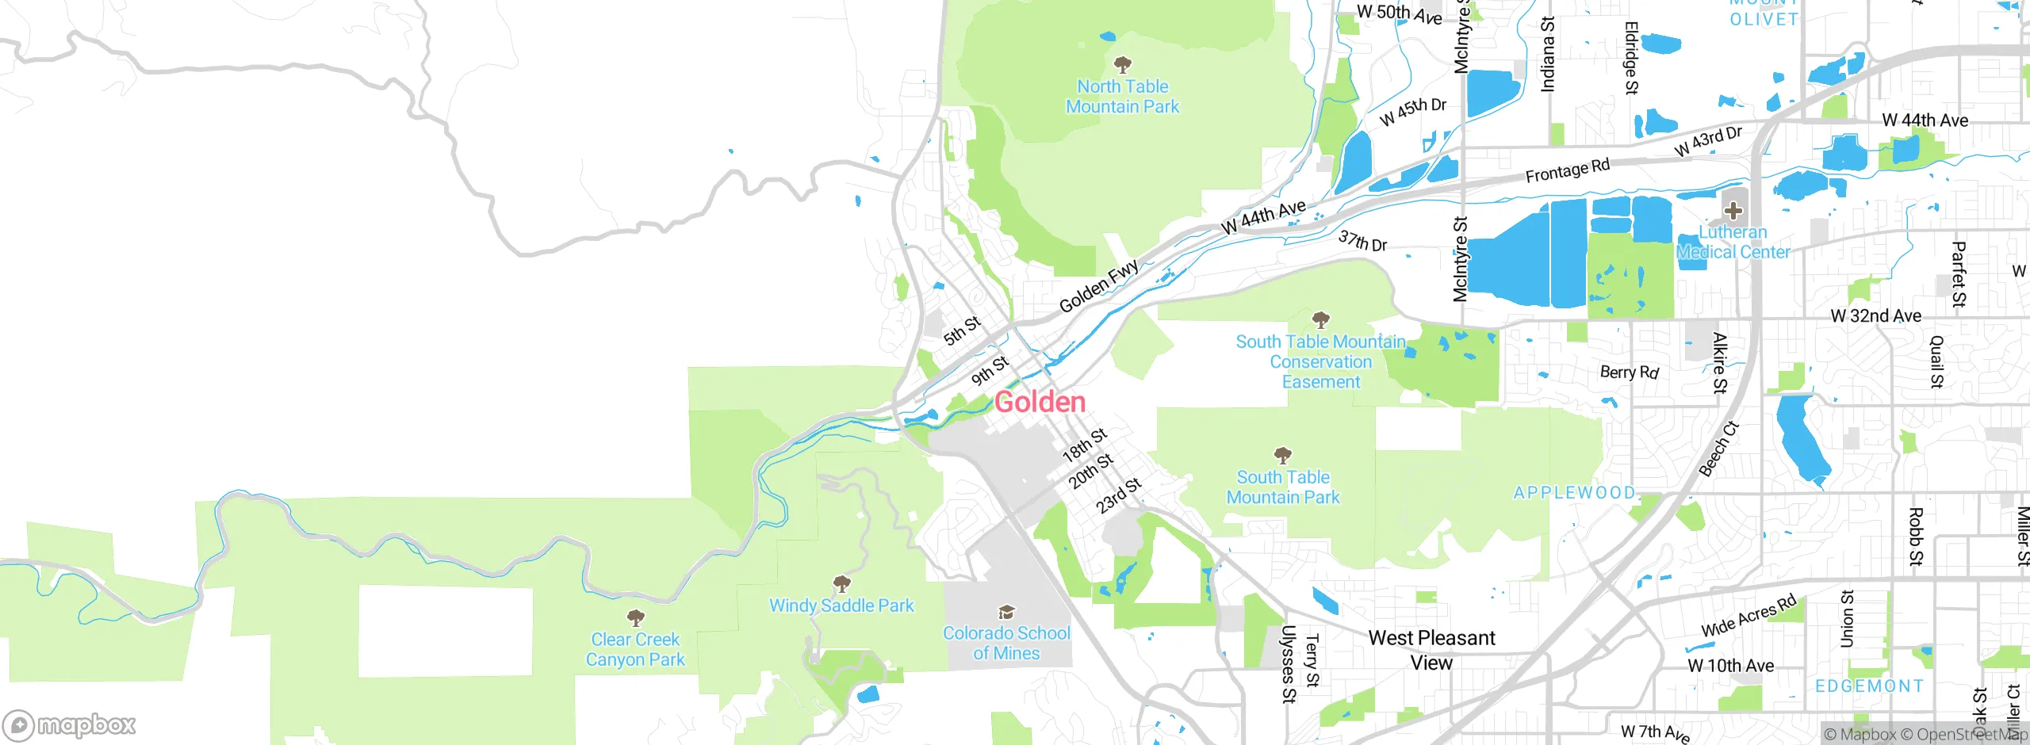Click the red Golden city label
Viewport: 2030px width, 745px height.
click(1040, 402)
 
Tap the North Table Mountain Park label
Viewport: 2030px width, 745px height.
click(1122, 97)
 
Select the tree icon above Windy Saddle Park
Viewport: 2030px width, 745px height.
click(842, 585)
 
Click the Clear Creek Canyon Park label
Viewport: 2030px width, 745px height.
click(635, 649)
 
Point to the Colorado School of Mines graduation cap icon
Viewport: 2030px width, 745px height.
click(1006, 612)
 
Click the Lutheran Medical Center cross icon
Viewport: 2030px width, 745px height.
click(1733, 211)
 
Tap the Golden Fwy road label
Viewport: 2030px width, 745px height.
click(1099, 286)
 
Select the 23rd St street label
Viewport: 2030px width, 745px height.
click(1119, 496)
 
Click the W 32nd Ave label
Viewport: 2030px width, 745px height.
click(1875, 316)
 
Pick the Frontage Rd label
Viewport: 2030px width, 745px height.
click(1567, 170)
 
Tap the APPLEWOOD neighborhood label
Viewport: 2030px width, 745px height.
click(1574, 493)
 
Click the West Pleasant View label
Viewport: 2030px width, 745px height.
click(1431, 650)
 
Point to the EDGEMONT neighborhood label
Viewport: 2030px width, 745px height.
click(1869, 686)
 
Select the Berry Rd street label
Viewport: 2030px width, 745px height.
click(1629, 372)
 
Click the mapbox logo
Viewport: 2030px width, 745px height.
click(70, 725)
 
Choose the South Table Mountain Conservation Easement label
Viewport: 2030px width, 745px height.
click(1320, 362)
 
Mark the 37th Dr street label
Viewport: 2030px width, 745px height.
click(1362, 241)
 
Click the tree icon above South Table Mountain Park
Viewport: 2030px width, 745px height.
click(1282, 456)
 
